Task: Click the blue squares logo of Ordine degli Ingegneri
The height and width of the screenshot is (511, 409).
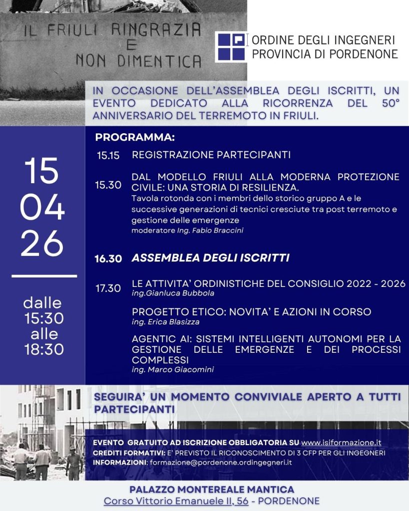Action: click(x=232, y=47)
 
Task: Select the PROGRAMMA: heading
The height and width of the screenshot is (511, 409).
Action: click(x=135, y=137)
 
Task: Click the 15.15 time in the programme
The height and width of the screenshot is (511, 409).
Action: click(x=108, y=155)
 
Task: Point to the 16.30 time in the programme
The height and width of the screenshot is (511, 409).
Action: click(x=108, y=258)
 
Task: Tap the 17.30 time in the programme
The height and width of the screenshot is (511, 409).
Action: click(x=108, y=288)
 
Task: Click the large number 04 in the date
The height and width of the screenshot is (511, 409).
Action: click(x=42, y=208)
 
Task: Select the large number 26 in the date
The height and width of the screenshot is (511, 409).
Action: click(x=42, y=245)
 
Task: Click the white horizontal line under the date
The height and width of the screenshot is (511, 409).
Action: click(x=44, y=275)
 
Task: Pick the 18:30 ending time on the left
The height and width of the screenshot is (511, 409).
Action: click(x=44, y=349)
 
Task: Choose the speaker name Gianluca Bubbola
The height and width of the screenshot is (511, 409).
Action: click(x=173, y=293)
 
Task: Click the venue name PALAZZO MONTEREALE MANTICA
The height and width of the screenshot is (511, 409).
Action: click(x=212, y=489)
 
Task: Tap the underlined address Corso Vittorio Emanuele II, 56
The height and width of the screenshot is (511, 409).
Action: click(x=176, y=501)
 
